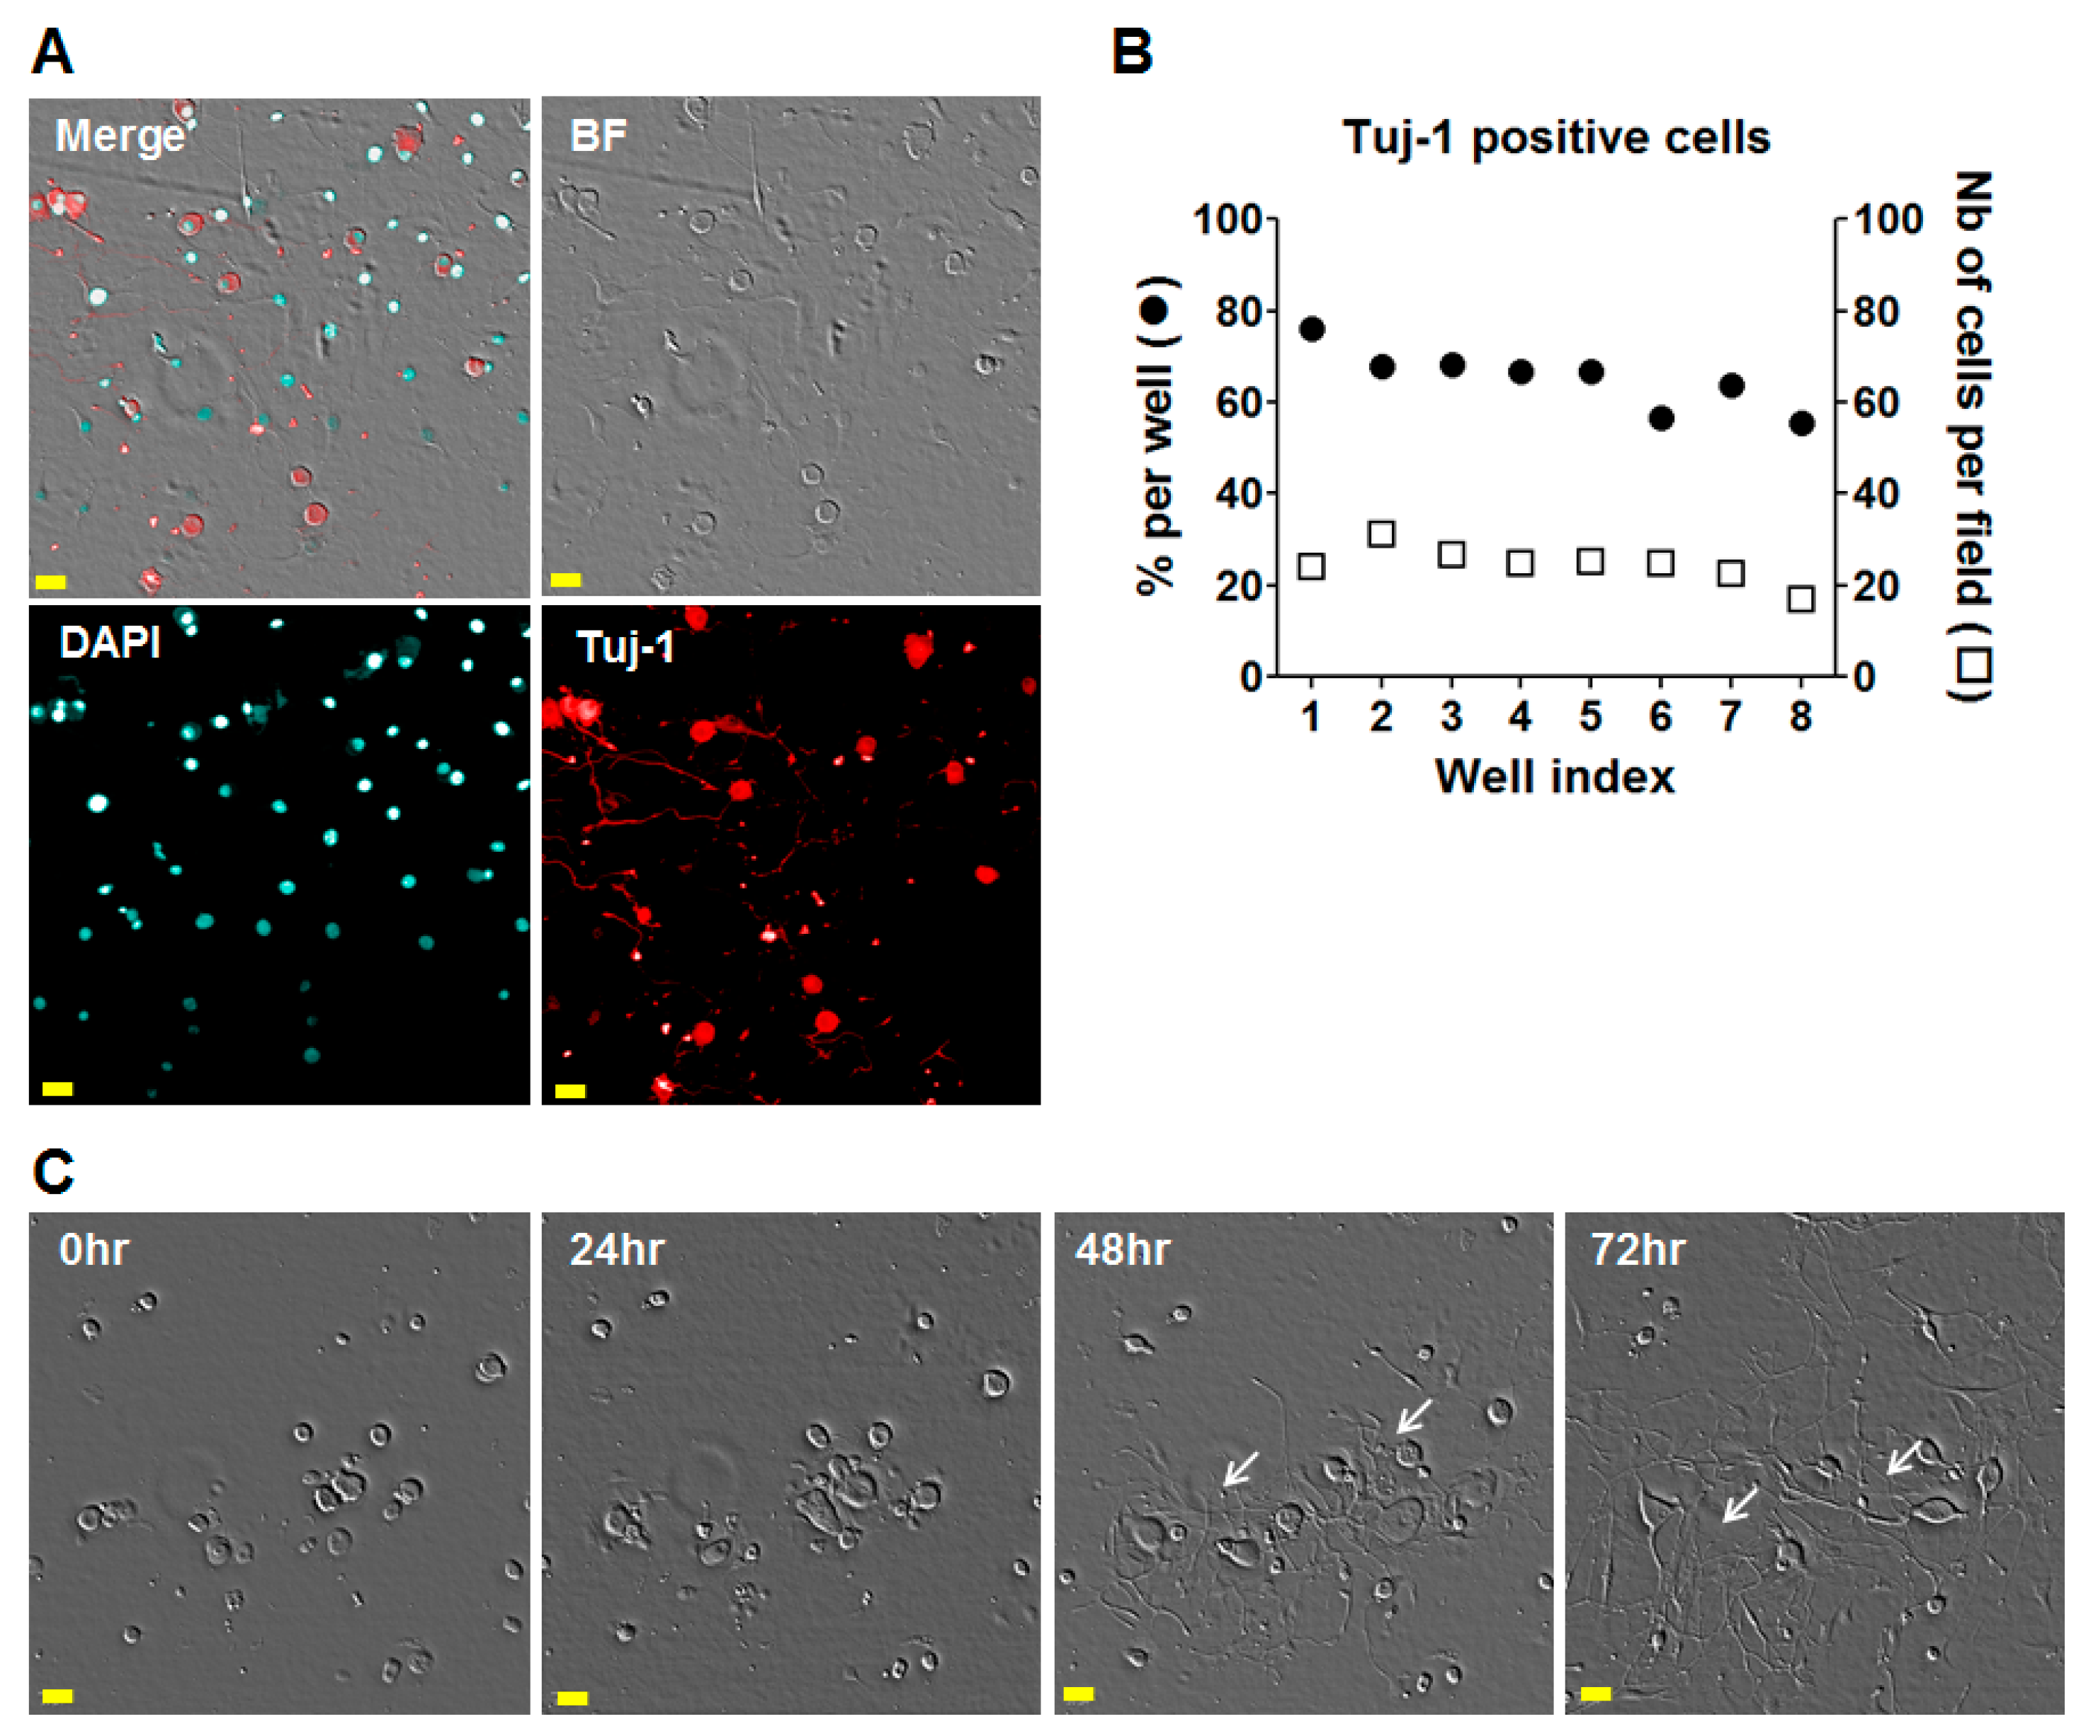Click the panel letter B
coord(1132,52)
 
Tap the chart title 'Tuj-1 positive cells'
coord(1555,138)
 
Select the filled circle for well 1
coord(1312,329)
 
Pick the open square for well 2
coord(1380,534)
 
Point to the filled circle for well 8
coord(1801,424)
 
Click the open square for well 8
coord(1801,599)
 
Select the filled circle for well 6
coord(1660,419)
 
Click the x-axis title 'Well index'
coord(1555,777)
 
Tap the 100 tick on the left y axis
coord(1227,219)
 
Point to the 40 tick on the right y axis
coord(1876,494)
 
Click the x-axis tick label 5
coord(1590,716)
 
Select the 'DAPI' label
coord(110,643)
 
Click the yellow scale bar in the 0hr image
coord(57,1695)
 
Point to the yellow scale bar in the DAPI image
coord(57,1088)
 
